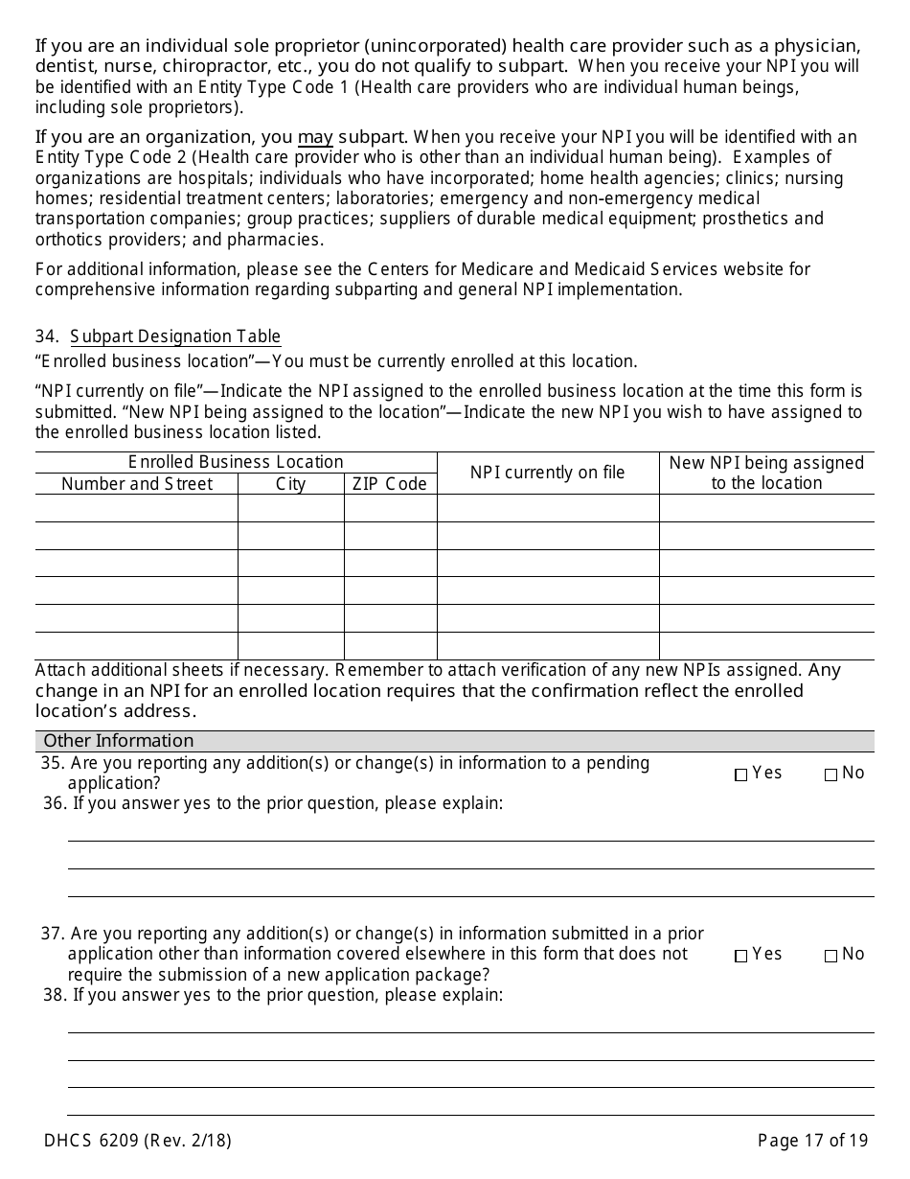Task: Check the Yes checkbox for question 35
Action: [740, 774]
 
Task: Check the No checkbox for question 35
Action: [830, 774]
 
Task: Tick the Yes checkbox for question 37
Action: [740, 956]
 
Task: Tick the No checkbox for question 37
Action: [830, 956]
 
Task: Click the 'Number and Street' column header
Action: [137, 484]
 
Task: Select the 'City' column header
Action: [291, 484]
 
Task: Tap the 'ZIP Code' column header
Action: [390, 484]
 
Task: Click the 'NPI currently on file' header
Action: [547, 473]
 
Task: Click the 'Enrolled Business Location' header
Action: [236, 462]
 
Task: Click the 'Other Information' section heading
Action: [119, 741]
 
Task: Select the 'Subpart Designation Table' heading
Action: [175, 336]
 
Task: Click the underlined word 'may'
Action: [315, 137]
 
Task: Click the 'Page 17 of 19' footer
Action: [812, 1141]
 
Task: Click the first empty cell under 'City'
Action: [291, 508]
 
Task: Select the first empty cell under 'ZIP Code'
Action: [390, 508]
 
